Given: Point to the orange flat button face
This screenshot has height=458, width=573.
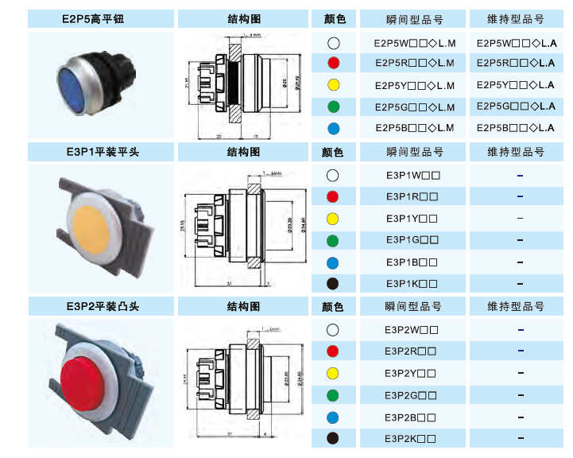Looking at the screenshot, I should [95, 218].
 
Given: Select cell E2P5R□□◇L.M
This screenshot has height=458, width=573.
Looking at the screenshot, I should [414, 63].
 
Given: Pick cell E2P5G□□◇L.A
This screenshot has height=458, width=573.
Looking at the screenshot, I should [516, 106].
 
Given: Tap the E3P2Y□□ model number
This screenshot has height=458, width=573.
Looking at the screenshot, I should [410, 372].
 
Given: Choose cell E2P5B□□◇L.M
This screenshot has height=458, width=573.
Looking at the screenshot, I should [414, 127].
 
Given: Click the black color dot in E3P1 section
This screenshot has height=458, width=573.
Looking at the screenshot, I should [333, 283].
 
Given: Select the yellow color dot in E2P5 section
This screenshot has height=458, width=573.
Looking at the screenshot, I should [333, 84].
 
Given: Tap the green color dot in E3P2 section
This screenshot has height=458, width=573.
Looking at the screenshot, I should [333, 394].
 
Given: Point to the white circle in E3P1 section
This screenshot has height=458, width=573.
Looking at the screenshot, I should [333, 175].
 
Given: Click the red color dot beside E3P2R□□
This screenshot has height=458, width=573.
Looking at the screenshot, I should [333, 351].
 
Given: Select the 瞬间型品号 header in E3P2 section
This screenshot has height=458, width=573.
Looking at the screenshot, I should [414, 306].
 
